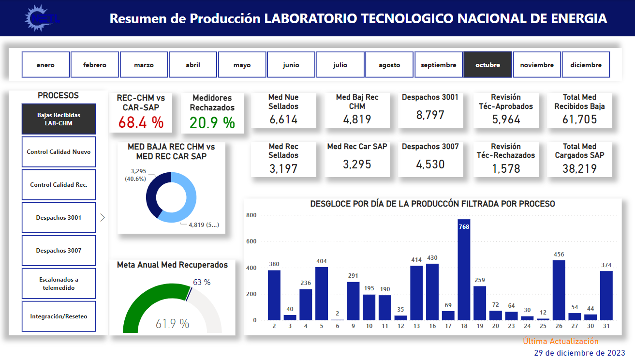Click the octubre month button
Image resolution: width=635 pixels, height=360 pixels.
coord(487,65)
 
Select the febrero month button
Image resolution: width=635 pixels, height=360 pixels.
coord(95,65)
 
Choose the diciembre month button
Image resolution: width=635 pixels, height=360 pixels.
coord(586,65)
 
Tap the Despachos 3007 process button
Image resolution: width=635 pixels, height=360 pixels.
coord(59,251)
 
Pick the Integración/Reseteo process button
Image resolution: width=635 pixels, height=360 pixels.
coord(59,316)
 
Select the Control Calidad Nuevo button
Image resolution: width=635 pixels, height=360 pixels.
coord(59,152)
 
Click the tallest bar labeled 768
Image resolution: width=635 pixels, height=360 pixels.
coord(464,271)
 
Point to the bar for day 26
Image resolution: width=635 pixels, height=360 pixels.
coord(559,290)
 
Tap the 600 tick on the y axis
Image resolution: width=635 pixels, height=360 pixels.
coord(251,241)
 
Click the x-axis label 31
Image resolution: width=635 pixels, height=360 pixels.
coord(606,326)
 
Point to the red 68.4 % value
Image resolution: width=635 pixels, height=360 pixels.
coord(141,122)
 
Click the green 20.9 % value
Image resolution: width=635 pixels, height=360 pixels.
coord(212,123)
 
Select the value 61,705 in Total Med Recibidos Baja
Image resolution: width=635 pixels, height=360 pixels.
coord(579,119)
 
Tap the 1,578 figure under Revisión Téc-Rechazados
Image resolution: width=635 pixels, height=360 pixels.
coord(506,168)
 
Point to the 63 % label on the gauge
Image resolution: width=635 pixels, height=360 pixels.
coord(202,282)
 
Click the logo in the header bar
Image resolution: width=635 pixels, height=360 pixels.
coord(42,18)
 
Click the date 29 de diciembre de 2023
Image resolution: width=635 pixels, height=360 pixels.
coord(579,352)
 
